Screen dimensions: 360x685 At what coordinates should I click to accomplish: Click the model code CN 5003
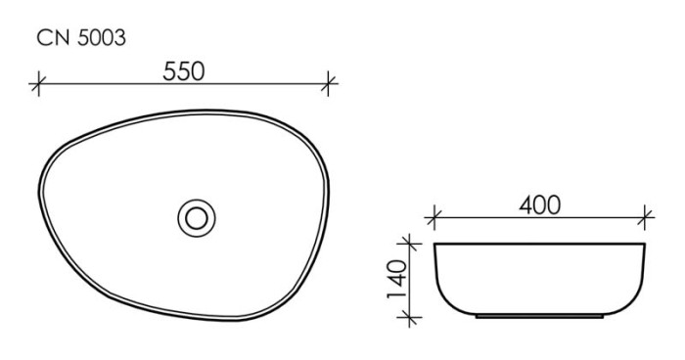click(80, 38)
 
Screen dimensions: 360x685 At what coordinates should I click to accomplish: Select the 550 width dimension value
click(182, 71)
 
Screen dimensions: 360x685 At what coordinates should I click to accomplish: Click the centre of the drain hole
click(197, 216)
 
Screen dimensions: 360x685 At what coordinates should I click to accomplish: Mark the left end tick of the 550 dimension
click(38, 84)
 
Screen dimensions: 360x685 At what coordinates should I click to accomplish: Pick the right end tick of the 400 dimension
click(646, 217)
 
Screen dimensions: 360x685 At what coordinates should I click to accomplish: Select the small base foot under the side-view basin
click(539, 317)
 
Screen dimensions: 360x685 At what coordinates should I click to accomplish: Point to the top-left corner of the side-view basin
click(436, 244)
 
